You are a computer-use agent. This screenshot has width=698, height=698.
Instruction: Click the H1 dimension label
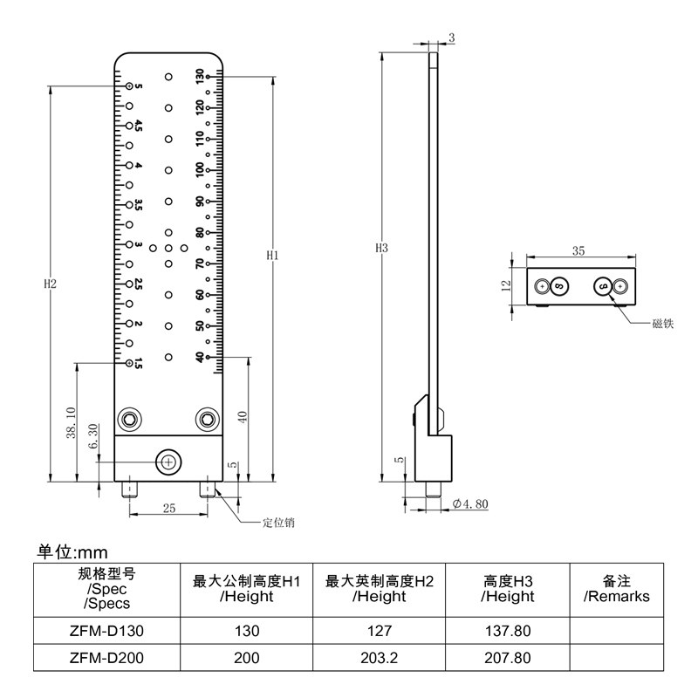coord(272,255)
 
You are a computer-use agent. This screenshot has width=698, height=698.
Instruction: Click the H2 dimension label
coord(51,284)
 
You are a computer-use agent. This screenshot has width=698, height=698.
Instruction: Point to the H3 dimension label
coord(381,248)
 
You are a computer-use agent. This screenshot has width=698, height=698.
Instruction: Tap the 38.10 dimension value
coord(72,422)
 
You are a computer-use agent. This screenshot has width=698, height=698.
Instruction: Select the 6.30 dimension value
coord(93,436)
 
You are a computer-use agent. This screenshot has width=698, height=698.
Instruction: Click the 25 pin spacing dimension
coord(169,508)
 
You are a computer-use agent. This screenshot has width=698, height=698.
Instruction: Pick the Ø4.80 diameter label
coord(470,504)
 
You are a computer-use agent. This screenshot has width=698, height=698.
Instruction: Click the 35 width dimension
coord(578,251)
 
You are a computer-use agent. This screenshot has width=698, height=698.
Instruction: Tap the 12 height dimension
coord(506,286)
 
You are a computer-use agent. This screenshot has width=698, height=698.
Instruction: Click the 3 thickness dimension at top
coord(452,38)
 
